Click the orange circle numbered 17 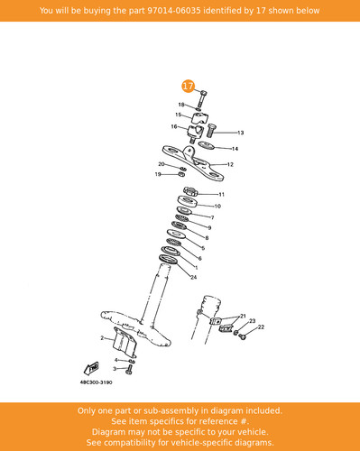[188, 87]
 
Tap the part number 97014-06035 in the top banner [174, 11]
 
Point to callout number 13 [241, 133]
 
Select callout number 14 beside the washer [235, 149]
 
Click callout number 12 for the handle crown [230, 164]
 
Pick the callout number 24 [194, 277]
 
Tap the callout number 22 [261, 327]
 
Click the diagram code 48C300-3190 [96, 382]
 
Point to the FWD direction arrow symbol [91, 368]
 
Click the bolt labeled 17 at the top [202, 98]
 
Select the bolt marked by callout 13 [211, 131]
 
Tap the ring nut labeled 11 [190, 191]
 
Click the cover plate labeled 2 [125, 341]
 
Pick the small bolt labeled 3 [129, 370]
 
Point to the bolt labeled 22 [243, 337]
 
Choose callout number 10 [217, 207]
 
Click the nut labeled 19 [181, 174]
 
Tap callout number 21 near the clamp [243, 316]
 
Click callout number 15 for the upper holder [179, 115]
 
